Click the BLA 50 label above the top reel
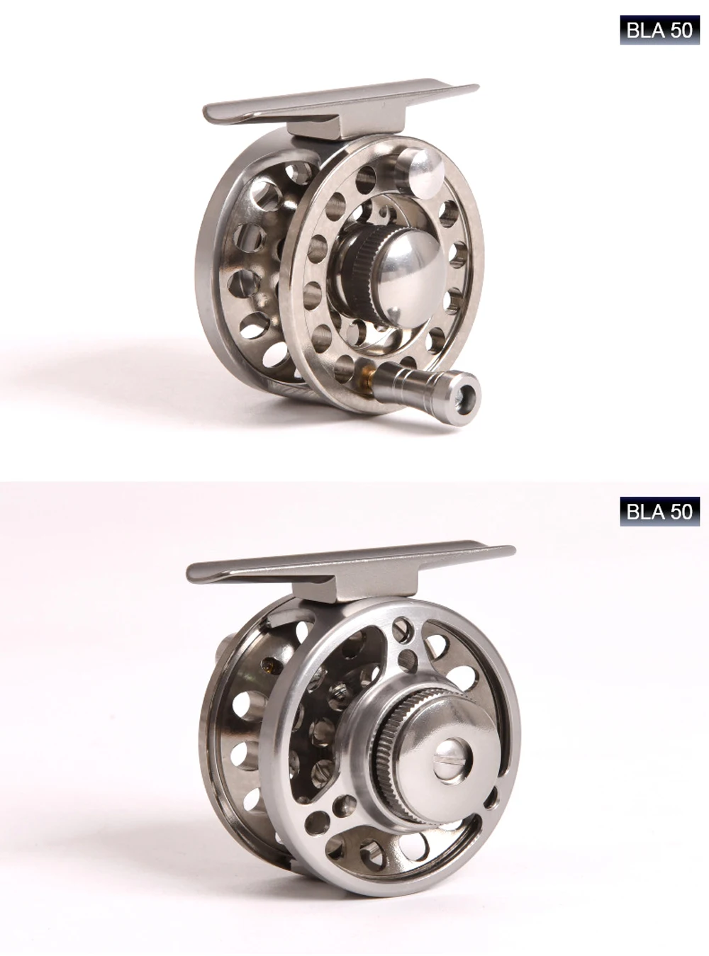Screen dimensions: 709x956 point(659,30)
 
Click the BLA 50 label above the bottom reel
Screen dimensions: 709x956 point(659,511)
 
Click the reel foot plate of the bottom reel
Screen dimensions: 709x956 point(350,561)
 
